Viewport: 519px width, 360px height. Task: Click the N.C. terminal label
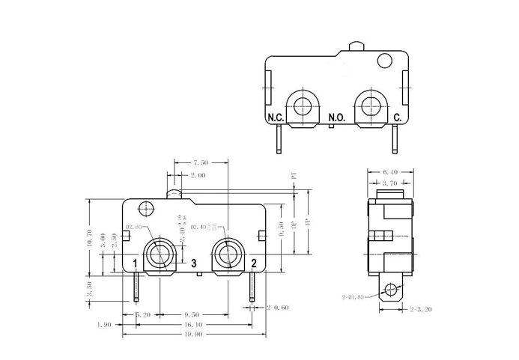[275, 118]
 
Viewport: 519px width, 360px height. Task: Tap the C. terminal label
[398, 118]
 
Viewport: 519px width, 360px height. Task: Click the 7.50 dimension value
[201, 162]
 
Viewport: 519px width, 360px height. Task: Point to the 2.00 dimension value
[198, 175]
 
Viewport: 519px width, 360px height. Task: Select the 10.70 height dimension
[91, 238]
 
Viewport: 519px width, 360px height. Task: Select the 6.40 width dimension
[390, 171]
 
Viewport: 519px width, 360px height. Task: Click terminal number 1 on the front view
[136, 263]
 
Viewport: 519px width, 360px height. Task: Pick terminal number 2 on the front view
[254, 263]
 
